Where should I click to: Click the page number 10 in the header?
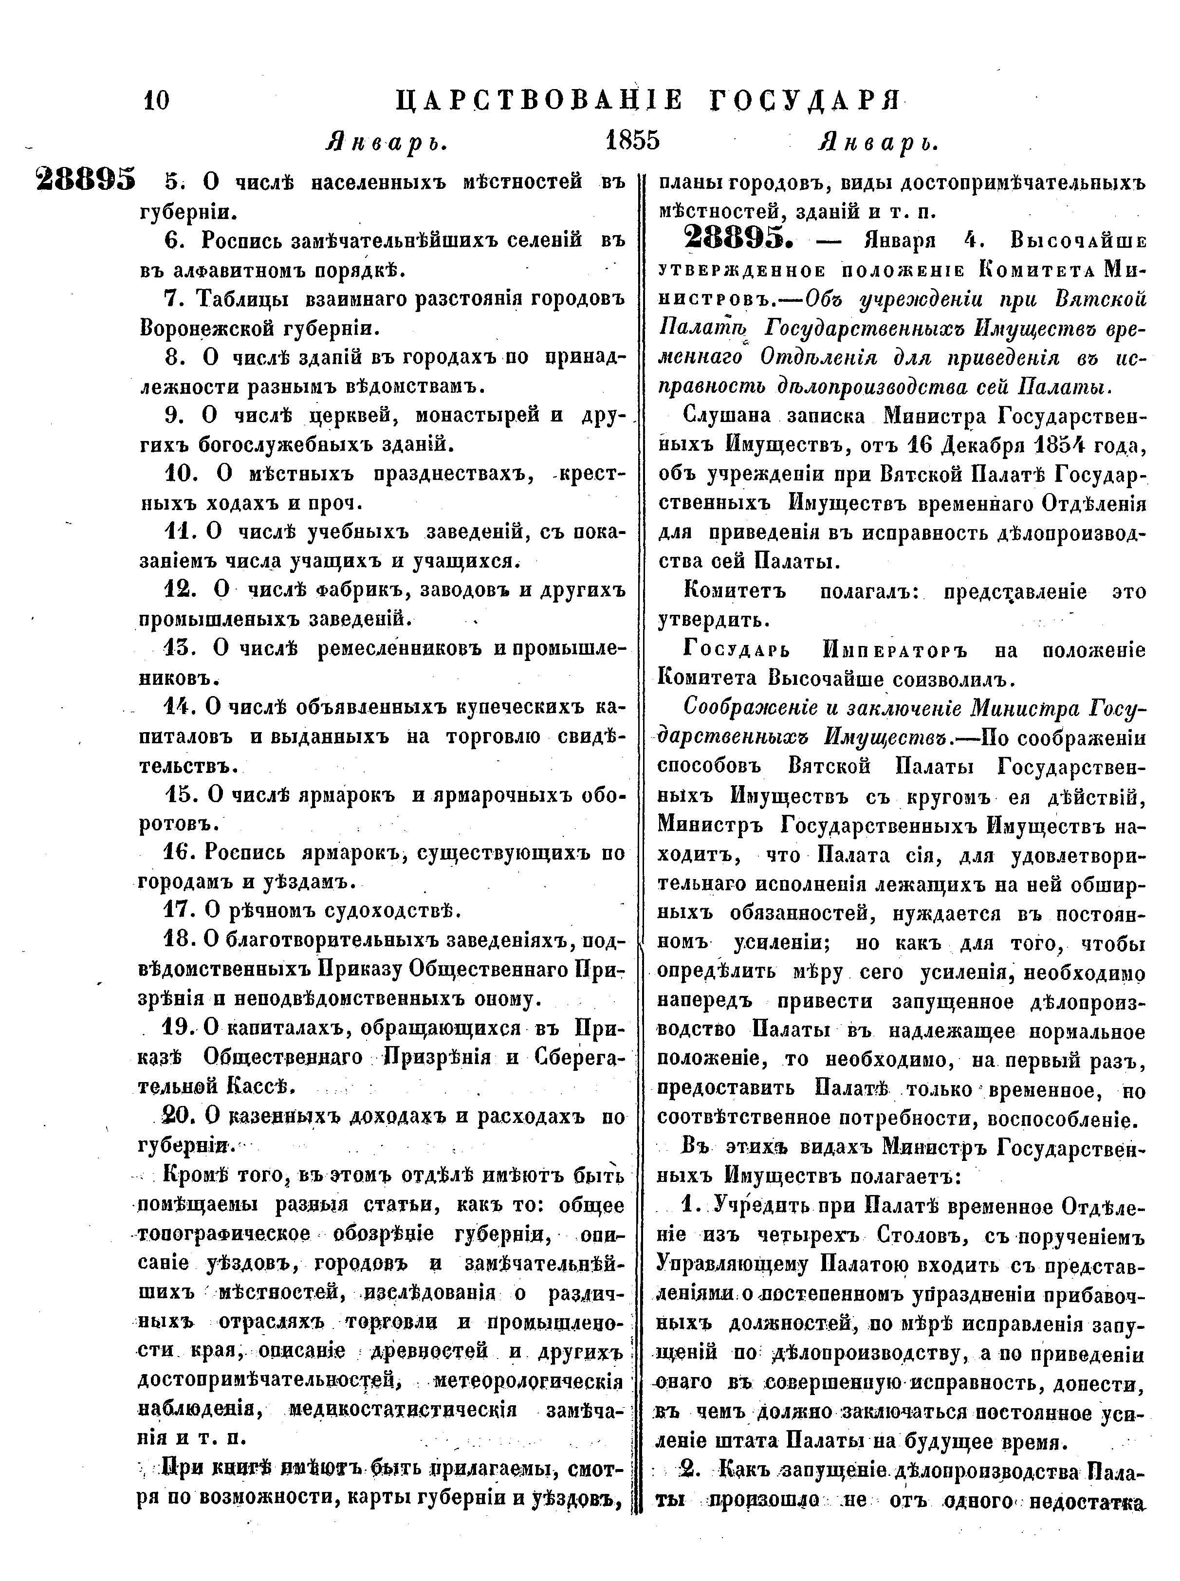click(156, 100)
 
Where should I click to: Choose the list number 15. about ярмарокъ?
click(177, 794)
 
